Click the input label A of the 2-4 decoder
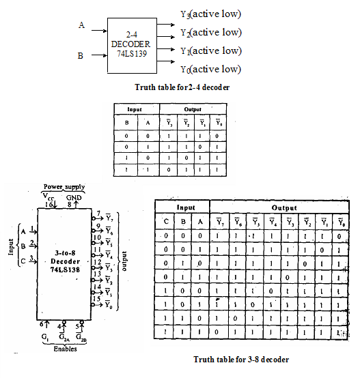click(81, 25)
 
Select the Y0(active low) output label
click(210, 69)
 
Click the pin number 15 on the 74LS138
click(98, 300)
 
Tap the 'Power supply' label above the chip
click(63, 186)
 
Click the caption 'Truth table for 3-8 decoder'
click(241, 360)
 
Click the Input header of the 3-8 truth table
click(182, 207)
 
